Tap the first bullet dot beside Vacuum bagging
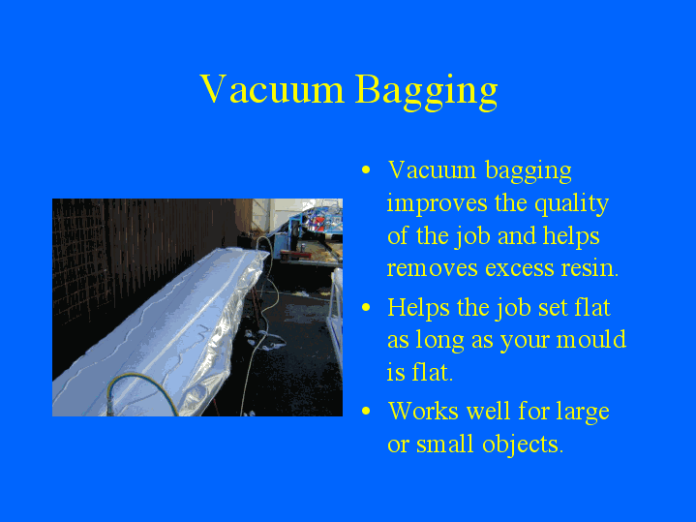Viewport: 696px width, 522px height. [366, 170]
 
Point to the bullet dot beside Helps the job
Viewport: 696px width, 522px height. [366, 308]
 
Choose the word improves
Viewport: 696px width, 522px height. [430, 204]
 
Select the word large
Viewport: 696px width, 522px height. [582, 412]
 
